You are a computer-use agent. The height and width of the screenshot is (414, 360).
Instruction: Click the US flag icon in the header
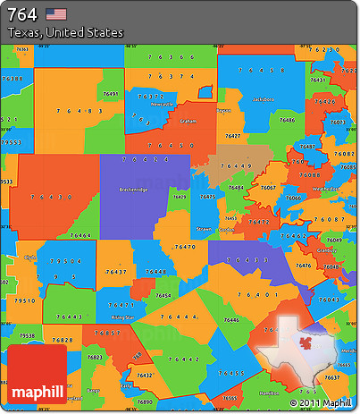(56, 13)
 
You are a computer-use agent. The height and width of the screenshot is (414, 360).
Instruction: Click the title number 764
(21, 13)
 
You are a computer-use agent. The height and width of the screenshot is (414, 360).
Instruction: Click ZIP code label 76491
(111, 93)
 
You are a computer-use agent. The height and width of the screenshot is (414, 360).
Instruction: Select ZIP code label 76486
(286, 119)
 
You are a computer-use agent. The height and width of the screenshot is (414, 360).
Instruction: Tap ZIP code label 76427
(232, 135)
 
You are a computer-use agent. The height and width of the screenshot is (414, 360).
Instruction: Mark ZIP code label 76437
(117, 270)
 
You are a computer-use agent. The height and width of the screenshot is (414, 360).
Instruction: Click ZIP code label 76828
(63, 340)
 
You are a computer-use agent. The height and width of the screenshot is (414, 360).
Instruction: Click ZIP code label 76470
(185, 246)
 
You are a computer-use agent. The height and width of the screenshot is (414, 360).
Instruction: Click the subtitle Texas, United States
(64, 32)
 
